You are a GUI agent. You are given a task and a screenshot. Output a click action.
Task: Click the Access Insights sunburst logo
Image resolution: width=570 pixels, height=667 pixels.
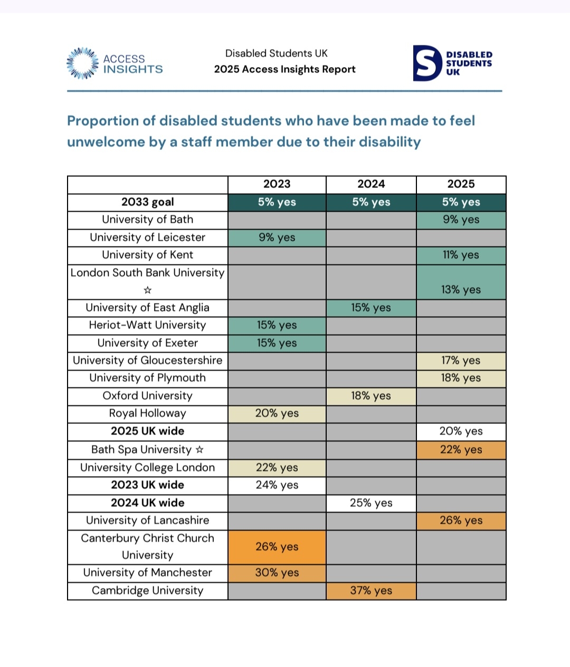point(82,63)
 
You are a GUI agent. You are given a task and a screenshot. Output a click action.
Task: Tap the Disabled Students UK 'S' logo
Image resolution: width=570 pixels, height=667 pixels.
point(426,63)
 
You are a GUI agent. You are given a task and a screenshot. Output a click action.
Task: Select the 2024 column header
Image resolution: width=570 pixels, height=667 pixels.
point(371,184)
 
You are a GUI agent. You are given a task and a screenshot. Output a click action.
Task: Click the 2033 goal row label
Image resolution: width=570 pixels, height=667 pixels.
point(148,202)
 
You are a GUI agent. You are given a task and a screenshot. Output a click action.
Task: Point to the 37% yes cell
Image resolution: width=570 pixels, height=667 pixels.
point(371,590)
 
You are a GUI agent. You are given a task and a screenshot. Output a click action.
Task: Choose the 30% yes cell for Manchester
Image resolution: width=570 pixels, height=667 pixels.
point(277,573)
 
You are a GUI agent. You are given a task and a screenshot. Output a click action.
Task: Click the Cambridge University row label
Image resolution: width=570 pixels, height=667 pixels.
point(148,590)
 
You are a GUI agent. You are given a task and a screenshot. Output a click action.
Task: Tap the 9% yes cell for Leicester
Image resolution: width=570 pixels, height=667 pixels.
point(277,238)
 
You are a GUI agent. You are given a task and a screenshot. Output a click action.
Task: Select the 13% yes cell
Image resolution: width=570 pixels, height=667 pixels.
point(461,289)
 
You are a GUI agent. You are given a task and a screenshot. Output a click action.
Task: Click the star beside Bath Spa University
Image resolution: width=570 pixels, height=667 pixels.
point(199,450)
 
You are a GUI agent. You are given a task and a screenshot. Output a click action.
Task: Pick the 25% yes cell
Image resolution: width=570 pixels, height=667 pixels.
point(371,503)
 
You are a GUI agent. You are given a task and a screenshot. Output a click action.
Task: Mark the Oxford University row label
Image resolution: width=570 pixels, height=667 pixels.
point(148,396)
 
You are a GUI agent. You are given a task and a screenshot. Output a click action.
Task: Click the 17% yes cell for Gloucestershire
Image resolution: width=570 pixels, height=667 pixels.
point(461,361)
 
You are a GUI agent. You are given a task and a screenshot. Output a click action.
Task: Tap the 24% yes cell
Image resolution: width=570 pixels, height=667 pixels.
point(277,485)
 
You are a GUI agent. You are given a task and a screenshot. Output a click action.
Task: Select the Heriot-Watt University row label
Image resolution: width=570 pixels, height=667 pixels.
point(148,325)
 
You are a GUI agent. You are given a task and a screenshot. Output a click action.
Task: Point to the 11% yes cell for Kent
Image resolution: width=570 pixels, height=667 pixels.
point(461,255)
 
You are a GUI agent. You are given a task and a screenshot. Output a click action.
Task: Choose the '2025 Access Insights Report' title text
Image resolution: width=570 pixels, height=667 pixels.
point(284,70)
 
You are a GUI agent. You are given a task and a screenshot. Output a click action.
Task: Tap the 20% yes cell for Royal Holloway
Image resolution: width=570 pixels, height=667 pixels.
point(277,414)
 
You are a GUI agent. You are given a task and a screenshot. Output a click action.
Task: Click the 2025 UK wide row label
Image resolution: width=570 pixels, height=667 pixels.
point(148,431)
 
